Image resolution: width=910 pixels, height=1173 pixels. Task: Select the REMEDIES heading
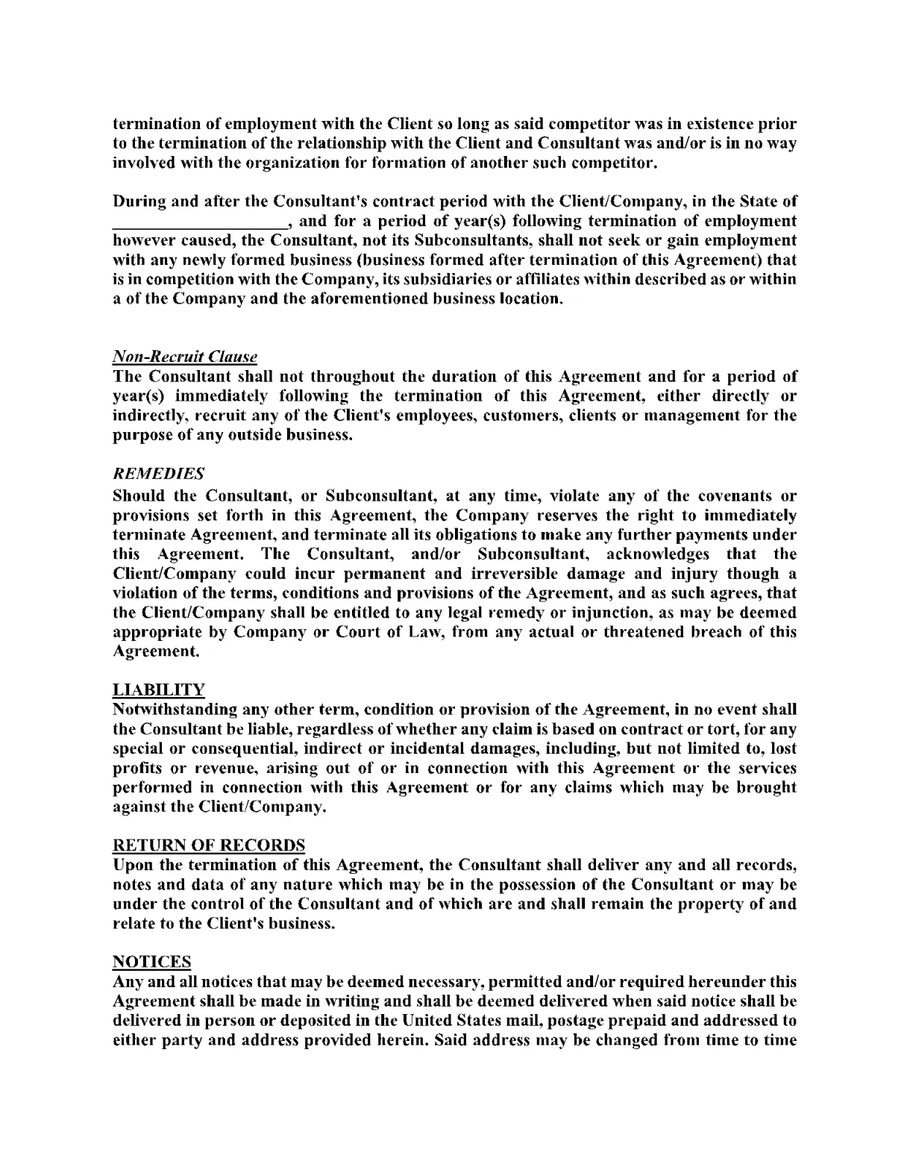[158, 474]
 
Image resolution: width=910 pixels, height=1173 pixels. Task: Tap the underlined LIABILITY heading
[158, 689]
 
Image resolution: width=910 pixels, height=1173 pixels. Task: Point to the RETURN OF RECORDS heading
[208, 845]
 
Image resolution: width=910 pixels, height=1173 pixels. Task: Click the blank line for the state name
[198, 222]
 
